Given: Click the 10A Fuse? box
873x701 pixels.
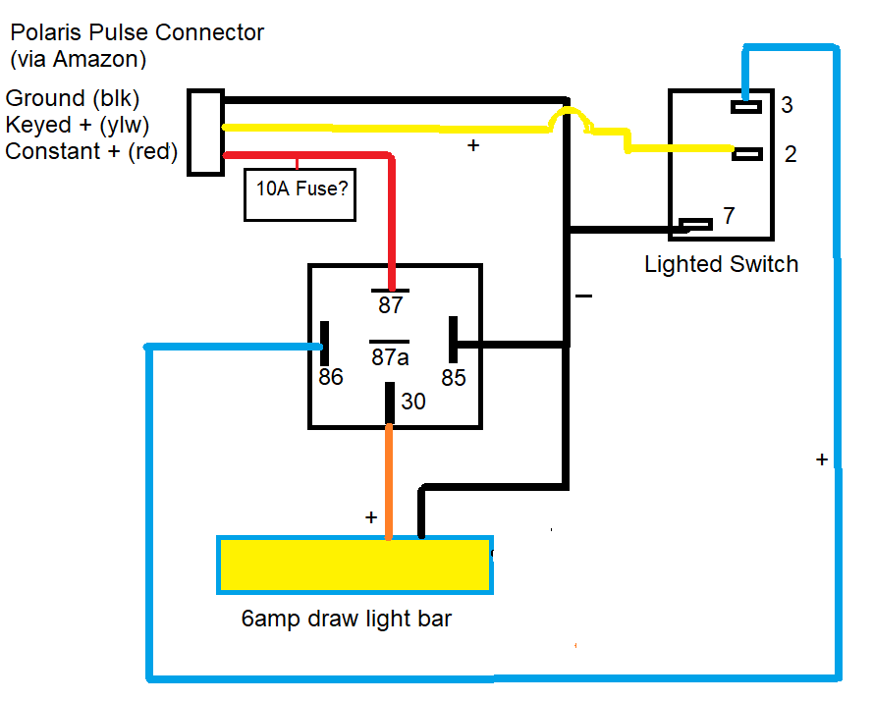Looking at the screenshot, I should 300,187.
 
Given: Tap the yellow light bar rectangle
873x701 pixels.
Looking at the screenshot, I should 355,565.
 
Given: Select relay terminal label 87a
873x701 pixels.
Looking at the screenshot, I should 390,356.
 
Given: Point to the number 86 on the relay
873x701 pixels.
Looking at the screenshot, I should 331,377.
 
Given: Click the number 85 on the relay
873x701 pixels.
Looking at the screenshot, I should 453,377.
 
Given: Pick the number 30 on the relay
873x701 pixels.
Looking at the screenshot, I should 413,402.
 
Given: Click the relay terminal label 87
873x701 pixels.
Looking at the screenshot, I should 391,305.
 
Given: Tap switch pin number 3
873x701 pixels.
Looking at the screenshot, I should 787,105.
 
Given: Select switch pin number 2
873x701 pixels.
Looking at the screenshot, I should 790,154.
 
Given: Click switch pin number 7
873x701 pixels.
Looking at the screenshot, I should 729,216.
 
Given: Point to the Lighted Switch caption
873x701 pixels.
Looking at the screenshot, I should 721,264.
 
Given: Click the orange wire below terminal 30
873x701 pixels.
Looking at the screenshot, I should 390,481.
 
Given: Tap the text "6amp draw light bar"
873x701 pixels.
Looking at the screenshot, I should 347,620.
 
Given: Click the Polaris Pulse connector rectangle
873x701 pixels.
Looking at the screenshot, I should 206,133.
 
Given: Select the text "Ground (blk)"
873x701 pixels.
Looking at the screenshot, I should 73,98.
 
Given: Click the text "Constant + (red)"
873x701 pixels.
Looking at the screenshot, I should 91,151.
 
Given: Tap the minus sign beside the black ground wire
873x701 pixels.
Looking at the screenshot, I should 584,295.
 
